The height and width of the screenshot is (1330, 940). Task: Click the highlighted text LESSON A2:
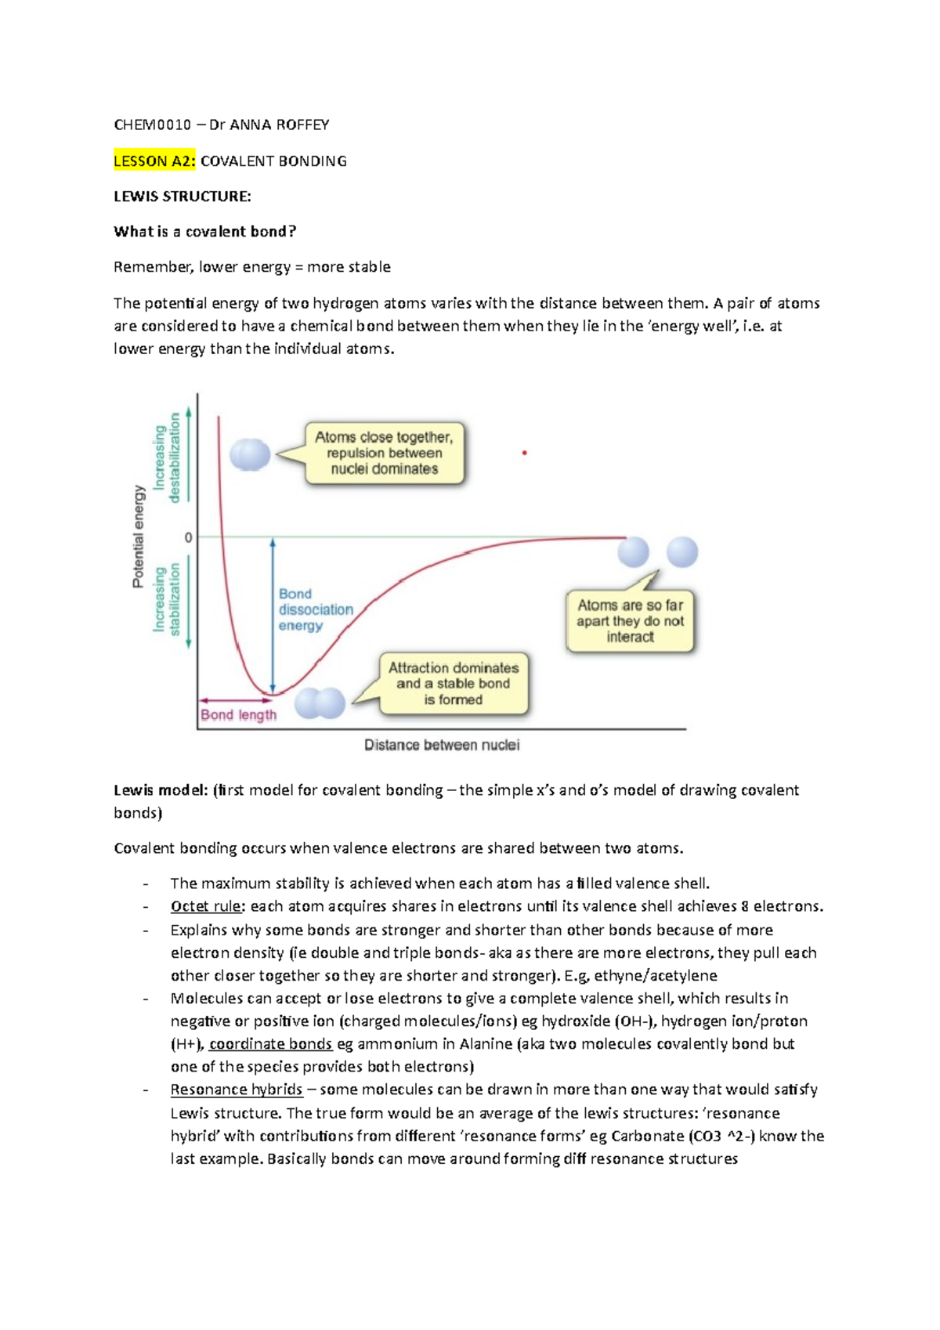click(154, 161)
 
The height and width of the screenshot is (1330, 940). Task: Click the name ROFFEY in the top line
click(304, 125)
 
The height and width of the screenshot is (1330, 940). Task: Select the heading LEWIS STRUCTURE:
click(183, 197)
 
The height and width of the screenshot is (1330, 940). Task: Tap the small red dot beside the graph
click(524, 453)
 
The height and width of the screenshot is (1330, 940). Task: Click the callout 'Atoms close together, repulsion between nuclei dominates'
click(384, 454)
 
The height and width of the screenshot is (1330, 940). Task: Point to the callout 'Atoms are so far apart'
click(630, 621)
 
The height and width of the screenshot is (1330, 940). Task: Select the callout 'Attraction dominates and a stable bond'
click(454, 684)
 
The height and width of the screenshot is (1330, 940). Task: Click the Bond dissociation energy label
click(315, 609)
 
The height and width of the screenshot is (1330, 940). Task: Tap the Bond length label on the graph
click(238, 715)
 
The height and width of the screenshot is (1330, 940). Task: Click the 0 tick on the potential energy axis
click(188, 538)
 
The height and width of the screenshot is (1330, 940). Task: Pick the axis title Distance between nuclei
click(442, 745)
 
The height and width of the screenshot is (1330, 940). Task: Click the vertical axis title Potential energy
click(139, 537)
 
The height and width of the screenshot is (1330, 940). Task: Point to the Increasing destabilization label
click(167, 458)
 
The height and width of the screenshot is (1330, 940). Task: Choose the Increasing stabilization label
click(167, 599)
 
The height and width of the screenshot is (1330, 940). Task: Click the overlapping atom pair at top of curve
click(250, 455)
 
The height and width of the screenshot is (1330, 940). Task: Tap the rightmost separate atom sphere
click(681, 552)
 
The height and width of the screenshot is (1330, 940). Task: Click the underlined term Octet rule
click(206, 907)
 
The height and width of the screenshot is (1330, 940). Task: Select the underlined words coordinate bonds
click(270, 1044)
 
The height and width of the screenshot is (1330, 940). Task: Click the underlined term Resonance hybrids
click(237, 1090)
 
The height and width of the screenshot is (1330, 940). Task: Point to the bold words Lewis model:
click(161, 790)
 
